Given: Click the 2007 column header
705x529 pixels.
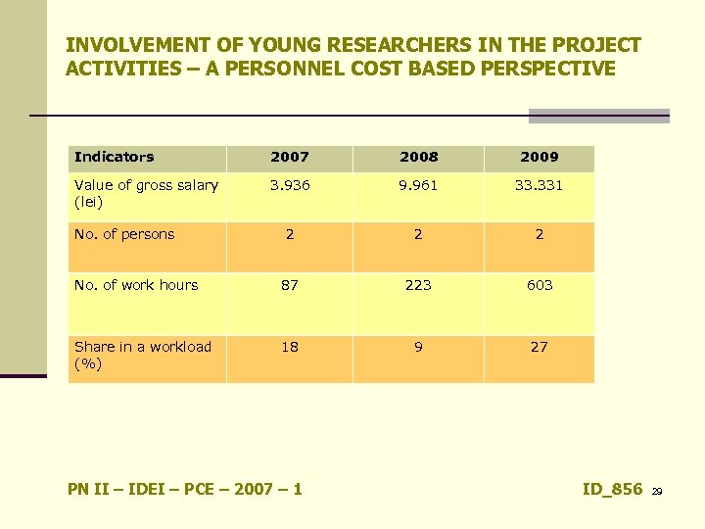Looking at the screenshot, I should coord(290,157).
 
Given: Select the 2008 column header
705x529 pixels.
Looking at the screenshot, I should coord(419,157).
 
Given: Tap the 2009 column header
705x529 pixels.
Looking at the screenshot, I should coord(540,157).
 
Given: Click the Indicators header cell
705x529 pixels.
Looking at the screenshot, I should coord(115,157).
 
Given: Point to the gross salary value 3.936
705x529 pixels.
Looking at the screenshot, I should coord(290,184).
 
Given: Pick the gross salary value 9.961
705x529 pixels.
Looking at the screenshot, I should coord(419,184).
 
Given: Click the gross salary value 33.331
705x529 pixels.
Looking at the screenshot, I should coord(540,184).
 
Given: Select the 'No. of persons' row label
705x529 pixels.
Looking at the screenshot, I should coord(124,234).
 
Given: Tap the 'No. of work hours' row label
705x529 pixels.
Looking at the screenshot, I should coord(136,285).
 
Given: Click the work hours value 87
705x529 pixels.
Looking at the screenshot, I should coord(290,285).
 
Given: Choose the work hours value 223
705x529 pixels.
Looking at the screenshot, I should coord(419,285).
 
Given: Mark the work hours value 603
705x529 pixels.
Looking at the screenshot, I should coord(540,285).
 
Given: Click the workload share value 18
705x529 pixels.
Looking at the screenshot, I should coord(290,347).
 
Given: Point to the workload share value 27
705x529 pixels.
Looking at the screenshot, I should coord(540,347).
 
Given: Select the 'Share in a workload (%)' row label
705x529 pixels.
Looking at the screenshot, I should coord(143,355).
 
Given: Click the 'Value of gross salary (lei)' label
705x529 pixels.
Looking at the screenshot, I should coord(146,193).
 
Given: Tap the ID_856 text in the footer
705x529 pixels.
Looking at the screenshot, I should coord(612,489).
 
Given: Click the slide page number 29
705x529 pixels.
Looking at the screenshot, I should coord(657,491).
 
